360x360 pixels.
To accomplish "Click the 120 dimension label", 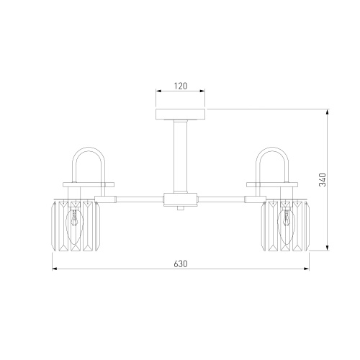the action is coord(181,86).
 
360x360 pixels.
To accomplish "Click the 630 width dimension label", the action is coord(181,264).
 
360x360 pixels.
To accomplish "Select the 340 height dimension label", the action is coord(323,179).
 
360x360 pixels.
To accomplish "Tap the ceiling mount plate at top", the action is coord(181,114).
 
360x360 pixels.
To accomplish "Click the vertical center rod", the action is coord(181,156).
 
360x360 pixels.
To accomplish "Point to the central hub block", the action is coord(181,199).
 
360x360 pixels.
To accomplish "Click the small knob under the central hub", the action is coord(181,208).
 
